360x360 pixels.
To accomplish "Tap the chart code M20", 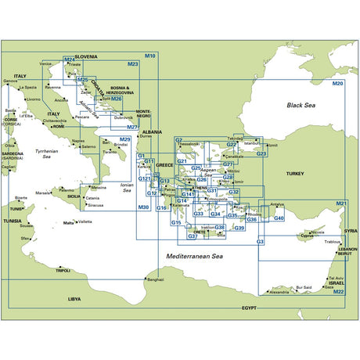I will tap(338, 83).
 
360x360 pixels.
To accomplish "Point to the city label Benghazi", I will tap(155, 279).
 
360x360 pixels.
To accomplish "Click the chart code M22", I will tap(338, 292).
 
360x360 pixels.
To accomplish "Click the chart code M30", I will tap(142, 207).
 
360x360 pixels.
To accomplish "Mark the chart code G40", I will tap(279, 218).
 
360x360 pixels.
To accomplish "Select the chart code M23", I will tap(132, 64).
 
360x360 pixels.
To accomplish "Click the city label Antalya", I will tap(276, 205).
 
